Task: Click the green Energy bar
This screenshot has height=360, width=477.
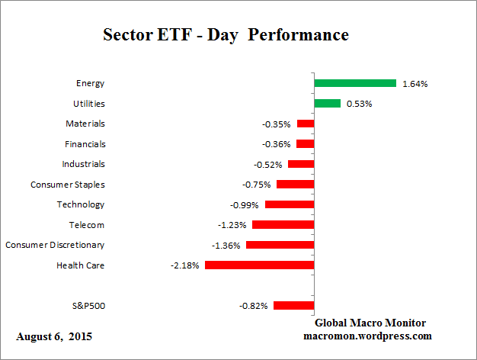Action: point(355,83)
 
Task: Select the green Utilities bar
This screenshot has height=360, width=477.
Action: point(328,104)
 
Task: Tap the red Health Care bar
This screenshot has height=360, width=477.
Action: point(259,265)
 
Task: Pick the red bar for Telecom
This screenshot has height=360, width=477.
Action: point(283,225)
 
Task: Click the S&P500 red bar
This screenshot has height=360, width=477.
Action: point(293,306)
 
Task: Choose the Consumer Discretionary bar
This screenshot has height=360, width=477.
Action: point(280,245)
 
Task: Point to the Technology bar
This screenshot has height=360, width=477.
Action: point(290,204)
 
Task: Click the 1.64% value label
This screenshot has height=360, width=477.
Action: point(415,84)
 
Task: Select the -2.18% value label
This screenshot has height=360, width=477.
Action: point(185,265)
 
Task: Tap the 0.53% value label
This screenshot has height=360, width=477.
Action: point(359,104)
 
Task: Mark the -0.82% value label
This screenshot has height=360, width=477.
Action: point(254,306)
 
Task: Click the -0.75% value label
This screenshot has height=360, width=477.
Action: point(257,185)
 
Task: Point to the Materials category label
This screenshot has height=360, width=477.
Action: point(85,124)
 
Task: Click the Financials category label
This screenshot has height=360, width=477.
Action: point(85,143)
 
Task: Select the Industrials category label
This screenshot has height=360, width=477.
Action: point(83,164)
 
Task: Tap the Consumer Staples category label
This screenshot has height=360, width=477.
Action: point(68,185)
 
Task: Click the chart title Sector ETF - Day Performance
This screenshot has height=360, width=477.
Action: point(226,35)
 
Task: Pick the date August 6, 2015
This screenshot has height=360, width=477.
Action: point(53,336)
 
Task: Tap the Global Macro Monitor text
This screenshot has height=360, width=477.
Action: point(370,323)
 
